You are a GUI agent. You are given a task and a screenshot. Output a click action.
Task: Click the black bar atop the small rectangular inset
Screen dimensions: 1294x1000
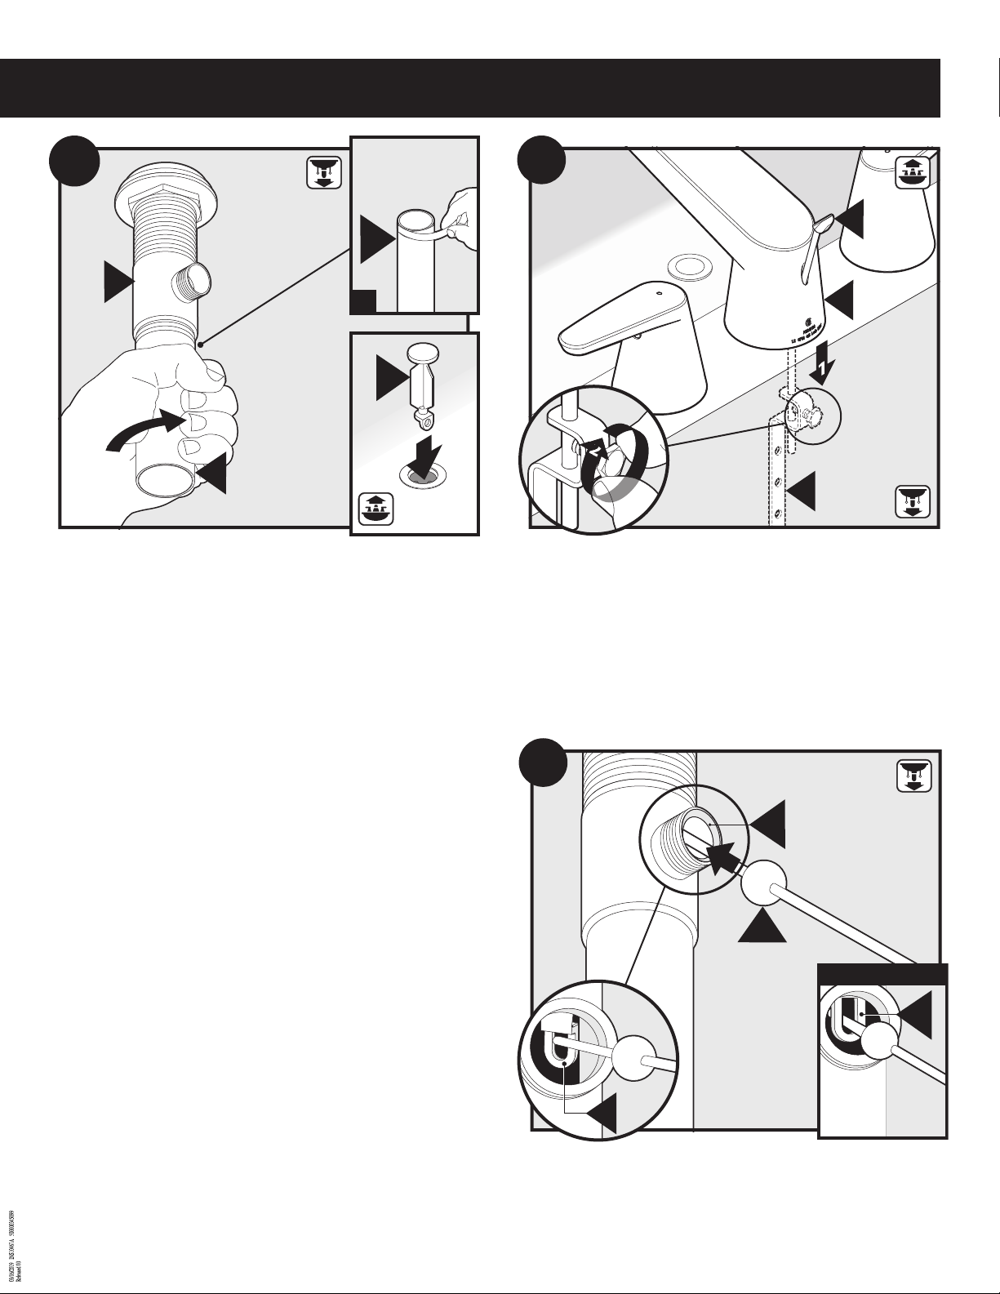[882, 974]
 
